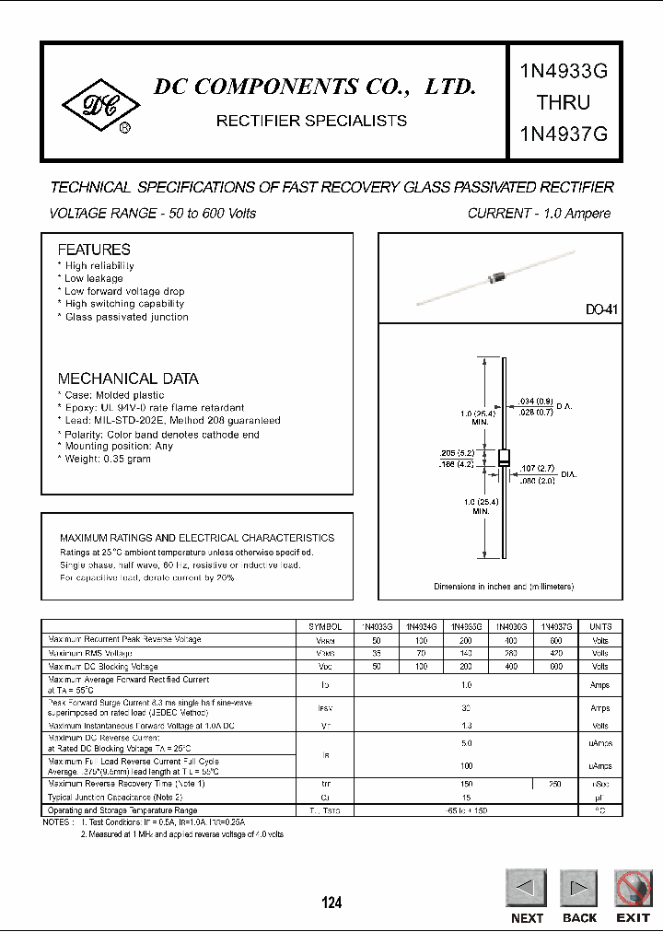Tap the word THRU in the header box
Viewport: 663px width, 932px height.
(x=563, y=101)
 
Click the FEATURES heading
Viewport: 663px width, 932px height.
(x=94, y=250)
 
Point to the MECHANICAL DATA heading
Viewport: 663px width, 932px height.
(x=128, y=379)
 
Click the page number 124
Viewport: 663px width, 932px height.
(x=331, y=903)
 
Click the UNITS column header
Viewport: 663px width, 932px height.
(x=599, y=625)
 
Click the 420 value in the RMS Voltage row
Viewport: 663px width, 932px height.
(x=556, y=652)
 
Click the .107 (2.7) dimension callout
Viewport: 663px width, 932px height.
(x=536, y=468)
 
